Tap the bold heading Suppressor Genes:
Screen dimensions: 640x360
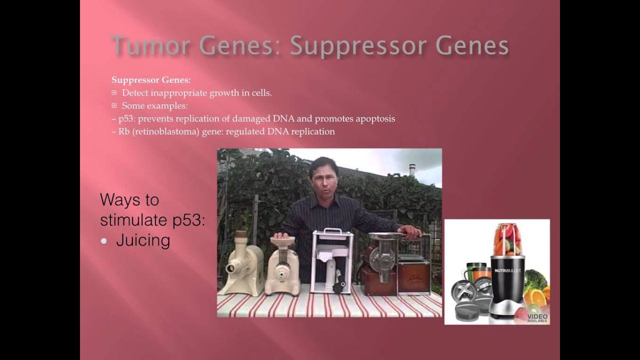coord(151,80)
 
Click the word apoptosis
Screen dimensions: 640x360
coord(375,119)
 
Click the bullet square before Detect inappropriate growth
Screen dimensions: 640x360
coord(114,93)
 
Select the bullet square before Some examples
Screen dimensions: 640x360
coord(114,105)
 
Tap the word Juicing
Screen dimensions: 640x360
coord(143,240)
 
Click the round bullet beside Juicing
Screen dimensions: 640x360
coord(103,241)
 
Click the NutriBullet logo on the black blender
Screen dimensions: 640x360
coord(507,270)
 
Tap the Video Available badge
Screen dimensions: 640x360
coord(537,318)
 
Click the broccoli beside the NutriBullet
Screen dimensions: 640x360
coord(534,279)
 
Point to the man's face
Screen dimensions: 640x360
coord(324,179)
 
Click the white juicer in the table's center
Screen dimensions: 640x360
coord(332,261)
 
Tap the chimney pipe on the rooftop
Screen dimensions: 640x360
coord(411,169)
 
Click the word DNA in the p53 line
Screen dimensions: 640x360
coord(283,118)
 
